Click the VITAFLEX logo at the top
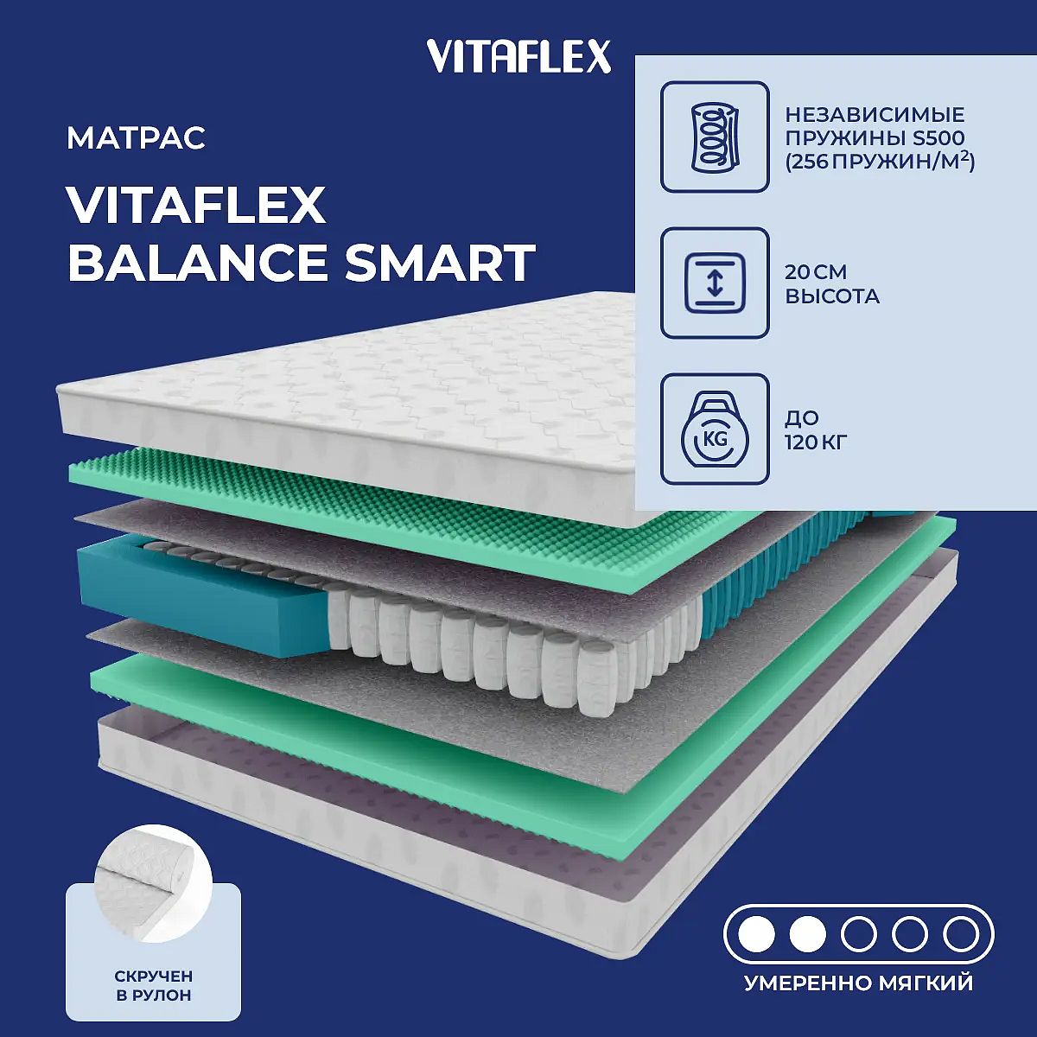tap(518, 56)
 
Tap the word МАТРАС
tap(137, 138)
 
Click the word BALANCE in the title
tap(199, 264)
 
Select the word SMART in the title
tap(440, 264)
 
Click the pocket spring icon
tap(715, 137)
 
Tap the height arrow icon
tap(715, 283)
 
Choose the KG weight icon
tap(715, 429)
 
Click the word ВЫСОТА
tap(832, 296)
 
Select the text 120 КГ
tap(816, 443)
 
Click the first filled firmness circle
tap(756, 935)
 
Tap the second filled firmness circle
tap(807, 935)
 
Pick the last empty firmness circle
tap(961, 935)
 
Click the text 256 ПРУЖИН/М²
tap(880, 162)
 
